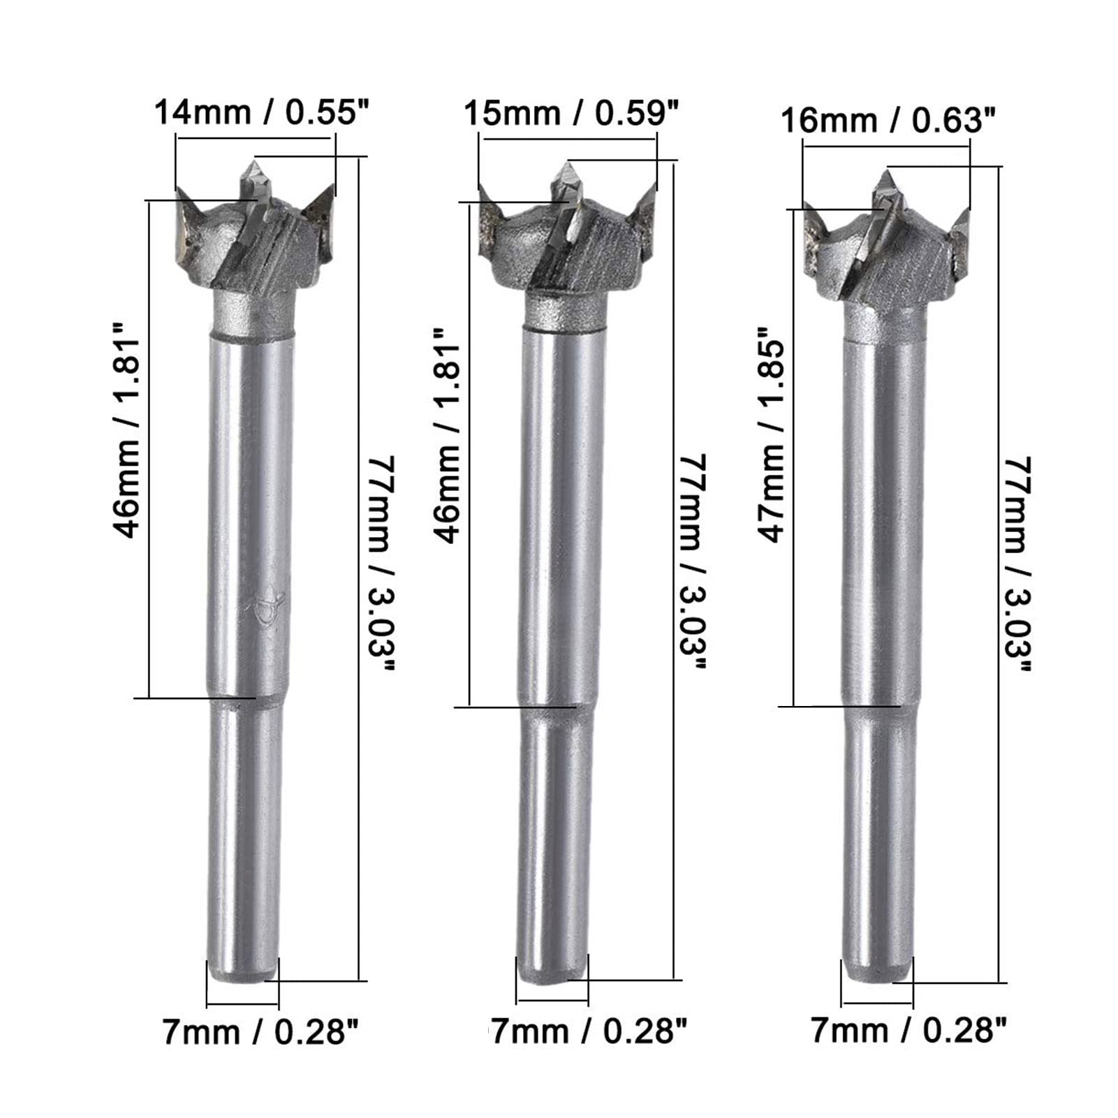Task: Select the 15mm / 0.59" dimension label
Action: pyautogui.click(x=571, y=113)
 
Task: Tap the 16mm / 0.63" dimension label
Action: pyautogui.click(x=887, y=121)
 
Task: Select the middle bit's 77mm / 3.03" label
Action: pyautogui.click(x=693, y=562)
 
